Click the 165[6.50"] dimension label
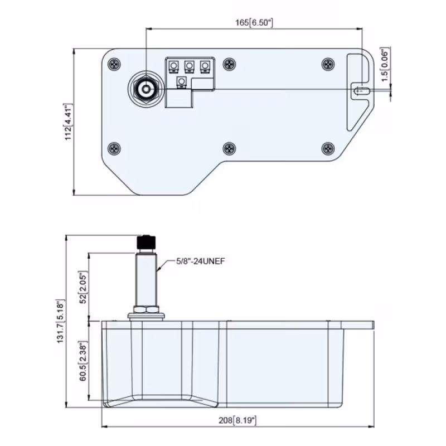click(x=254, y=22)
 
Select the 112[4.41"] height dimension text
click(x=68, y=122)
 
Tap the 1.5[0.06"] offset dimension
click(x=384, y=64)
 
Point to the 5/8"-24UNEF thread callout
click(x=201, y=261)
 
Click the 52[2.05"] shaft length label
click(x=83, y=287)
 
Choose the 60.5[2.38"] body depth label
click(x=83, y=361)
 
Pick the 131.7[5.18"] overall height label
click(x=60, y=321)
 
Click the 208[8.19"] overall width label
click(x=237, y=420)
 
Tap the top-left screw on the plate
click(x=114, y=64)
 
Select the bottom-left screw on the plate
click(x=114, y=148)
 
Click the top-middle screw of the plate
click(x=229, y=64)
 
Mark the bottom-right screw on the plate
click(x=328, y=148)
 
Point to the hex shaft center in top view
click(x=146, y=89)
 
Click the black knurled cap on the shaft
click(x=146, y=242)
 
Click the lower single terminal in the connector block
click(x=181, y=82)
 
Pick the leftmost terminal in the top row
click(x=173, y=66)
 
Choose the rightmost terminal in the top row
click(x=205, y=66)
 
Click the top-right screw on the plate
click(x=328, y=64)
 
